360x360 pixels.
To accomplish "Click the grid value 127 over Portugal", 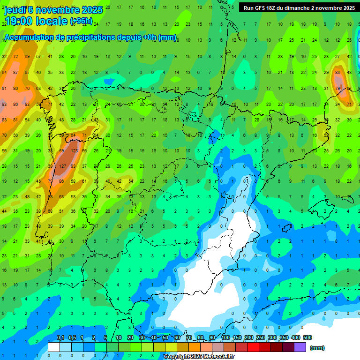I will tap(62, 166).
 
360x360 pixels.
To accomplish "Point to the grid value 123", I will tap(74, 151).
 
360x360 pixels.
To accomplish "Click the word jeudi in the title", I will tap(15, 10).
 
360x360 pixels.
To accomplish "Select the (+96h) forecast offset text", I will tap(81, 21).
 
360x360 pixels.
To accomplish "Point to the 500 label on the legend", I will tap(307, 337).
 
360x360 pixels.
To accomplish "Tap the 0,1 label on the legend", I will tap(60, 337).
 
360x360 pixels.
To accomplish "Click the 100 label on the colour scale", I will tap(225, 337).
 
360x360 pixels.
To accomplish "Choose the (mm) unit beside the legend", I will tap(317, 348).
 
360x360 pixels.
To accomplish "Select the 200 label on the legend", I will tap(249, 337).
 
